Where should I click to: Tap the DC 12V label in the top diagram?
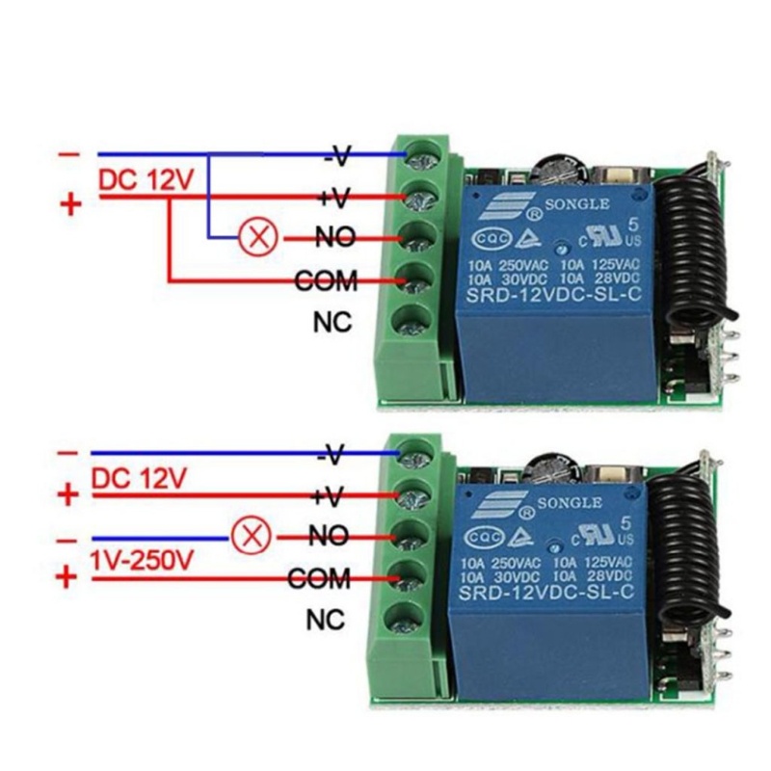146,180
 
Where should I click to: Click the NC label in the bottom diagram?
326,621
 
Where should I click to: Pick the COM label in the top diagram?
325,281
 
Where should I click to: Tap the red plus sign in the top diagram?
69,204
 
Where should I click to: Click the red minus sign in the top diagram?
69,154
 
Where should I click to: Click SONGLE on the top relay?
577,204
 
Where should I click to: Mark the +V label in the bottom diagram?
328,495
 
